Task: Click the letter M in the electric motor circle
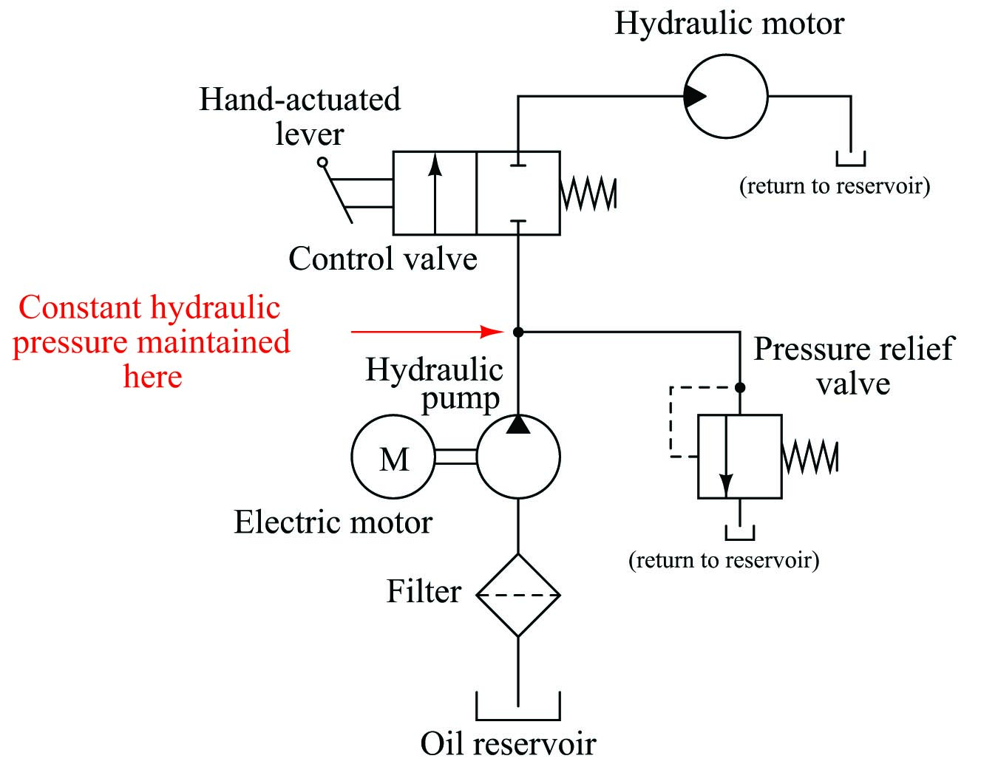pos(393,459)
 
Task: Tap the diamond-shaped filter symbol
pos(518,554)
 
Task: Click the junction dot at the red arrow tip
pos(518,331)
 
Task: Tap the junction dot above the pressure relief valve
pos(740,387)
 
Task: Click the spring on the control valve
pos(588,194)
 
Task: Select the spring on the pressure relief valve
pos(810,457)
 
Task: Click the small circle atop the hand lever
pos(323,163)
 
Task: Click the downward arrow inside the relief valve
pos(726,457)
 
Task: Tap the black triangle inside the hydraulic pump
pos(518,425)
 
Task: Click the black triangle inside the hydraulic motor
pos(694,96)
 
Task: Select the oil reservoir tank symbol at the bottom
pos(518,719)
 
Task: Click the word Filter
pos(424,590)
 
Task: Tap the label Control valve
pos(383,259)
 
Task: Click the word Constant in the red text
pos(79,307)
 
